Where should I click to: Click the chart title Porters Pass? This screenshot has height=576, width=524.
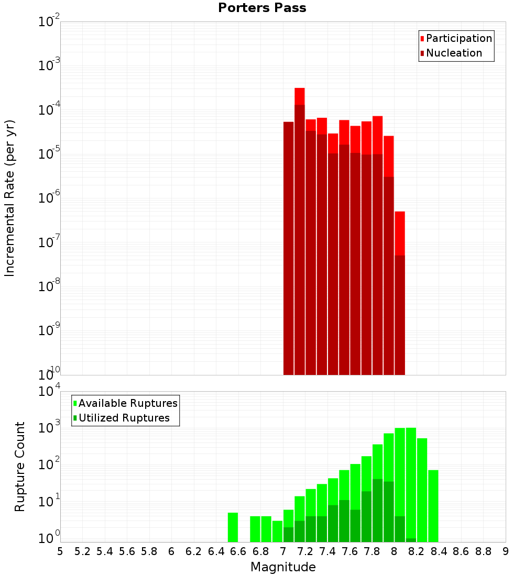[x=262, y=8]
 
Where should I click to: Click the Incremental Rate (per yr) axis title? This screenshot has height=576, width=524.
[x=9, y=198]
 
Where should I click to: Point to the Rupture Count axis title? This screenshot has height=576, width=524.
[x=20, y=466]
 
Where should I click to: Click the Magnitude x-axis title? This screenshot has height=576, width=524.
[x=283, y=567]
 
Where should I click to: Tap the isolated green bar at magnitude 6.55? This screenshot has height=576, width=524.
[x=233, y=527]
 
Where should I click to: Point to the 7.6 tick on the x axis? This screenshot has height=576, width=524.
[x=350, y=551]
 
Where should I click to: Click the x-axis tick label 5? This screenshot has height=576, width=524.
[x=60, y=551]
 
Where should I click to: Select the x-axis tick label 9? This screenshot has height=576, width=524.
[x=506, y=551]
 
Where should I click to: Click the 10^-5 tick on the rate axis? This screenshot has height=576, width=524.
[x=49, y=154]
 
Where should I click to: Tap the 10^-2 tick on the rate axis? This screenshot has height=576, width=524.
[x=49, y=22]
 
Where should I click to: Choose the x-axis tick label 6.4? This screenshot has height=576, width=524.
[x=216, y=551]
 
